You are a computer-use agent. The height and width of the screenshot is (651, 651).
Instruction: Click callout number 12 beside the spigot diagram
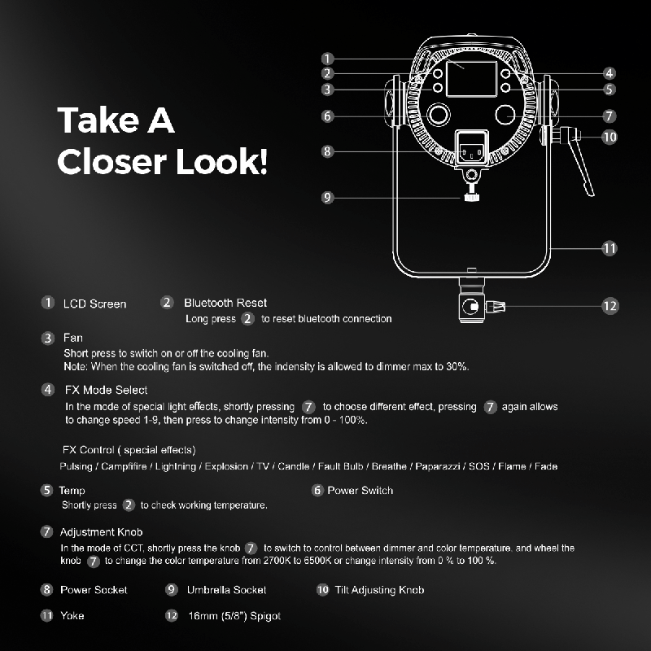click(609, 307)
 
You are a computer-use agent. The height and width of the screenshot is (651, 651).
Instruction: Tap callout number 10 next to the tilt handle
click(609, 137)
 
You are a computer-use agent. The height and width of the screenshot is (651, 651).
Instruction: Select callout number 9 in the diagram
click(328, 198)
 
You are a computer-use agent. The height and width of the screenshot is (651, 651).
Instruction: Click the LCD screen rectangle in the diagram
click(471, 79)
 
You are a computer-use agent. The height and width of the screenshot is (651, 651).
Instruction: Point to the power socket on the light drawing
click(472, 148)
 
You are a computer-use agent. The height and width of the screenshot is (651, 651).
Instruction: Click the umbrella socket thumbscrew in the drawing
click(471, 196)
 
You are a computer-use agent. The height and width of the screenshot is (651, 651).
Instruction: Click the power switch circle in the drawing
click(439, 114)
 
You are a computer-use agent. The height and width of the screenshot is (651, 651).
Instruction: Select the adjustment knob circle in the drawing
click(505, 115)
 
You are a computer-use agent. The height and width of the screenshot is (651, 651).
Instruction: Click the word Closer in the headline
click(111, 161)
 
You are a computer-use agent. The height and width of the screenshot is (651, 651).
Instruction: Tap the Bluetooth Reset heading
click(225, 303)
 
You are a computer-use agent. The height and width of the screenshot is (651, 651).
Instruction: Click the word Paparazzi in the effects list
click(438, 466)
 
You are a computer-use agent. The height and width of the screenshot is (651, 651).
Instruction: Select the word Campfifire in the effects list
click(124, 466)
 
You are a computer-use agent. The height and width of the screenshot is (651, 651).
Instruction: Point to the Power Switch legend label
click(360, 491)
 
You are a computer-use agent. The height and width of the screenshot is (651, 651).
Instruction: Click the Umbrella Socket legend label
click(227, 590)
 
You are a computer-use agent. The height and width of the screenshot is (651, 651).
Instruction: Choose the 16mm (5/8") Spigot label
click(234, 616)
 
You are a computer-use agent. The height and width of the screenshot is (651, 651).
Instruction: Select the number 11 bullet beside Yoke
click(46, 615)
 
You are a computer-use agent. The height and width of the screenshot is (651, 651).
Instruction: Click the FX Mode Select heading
click(106, 390)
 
